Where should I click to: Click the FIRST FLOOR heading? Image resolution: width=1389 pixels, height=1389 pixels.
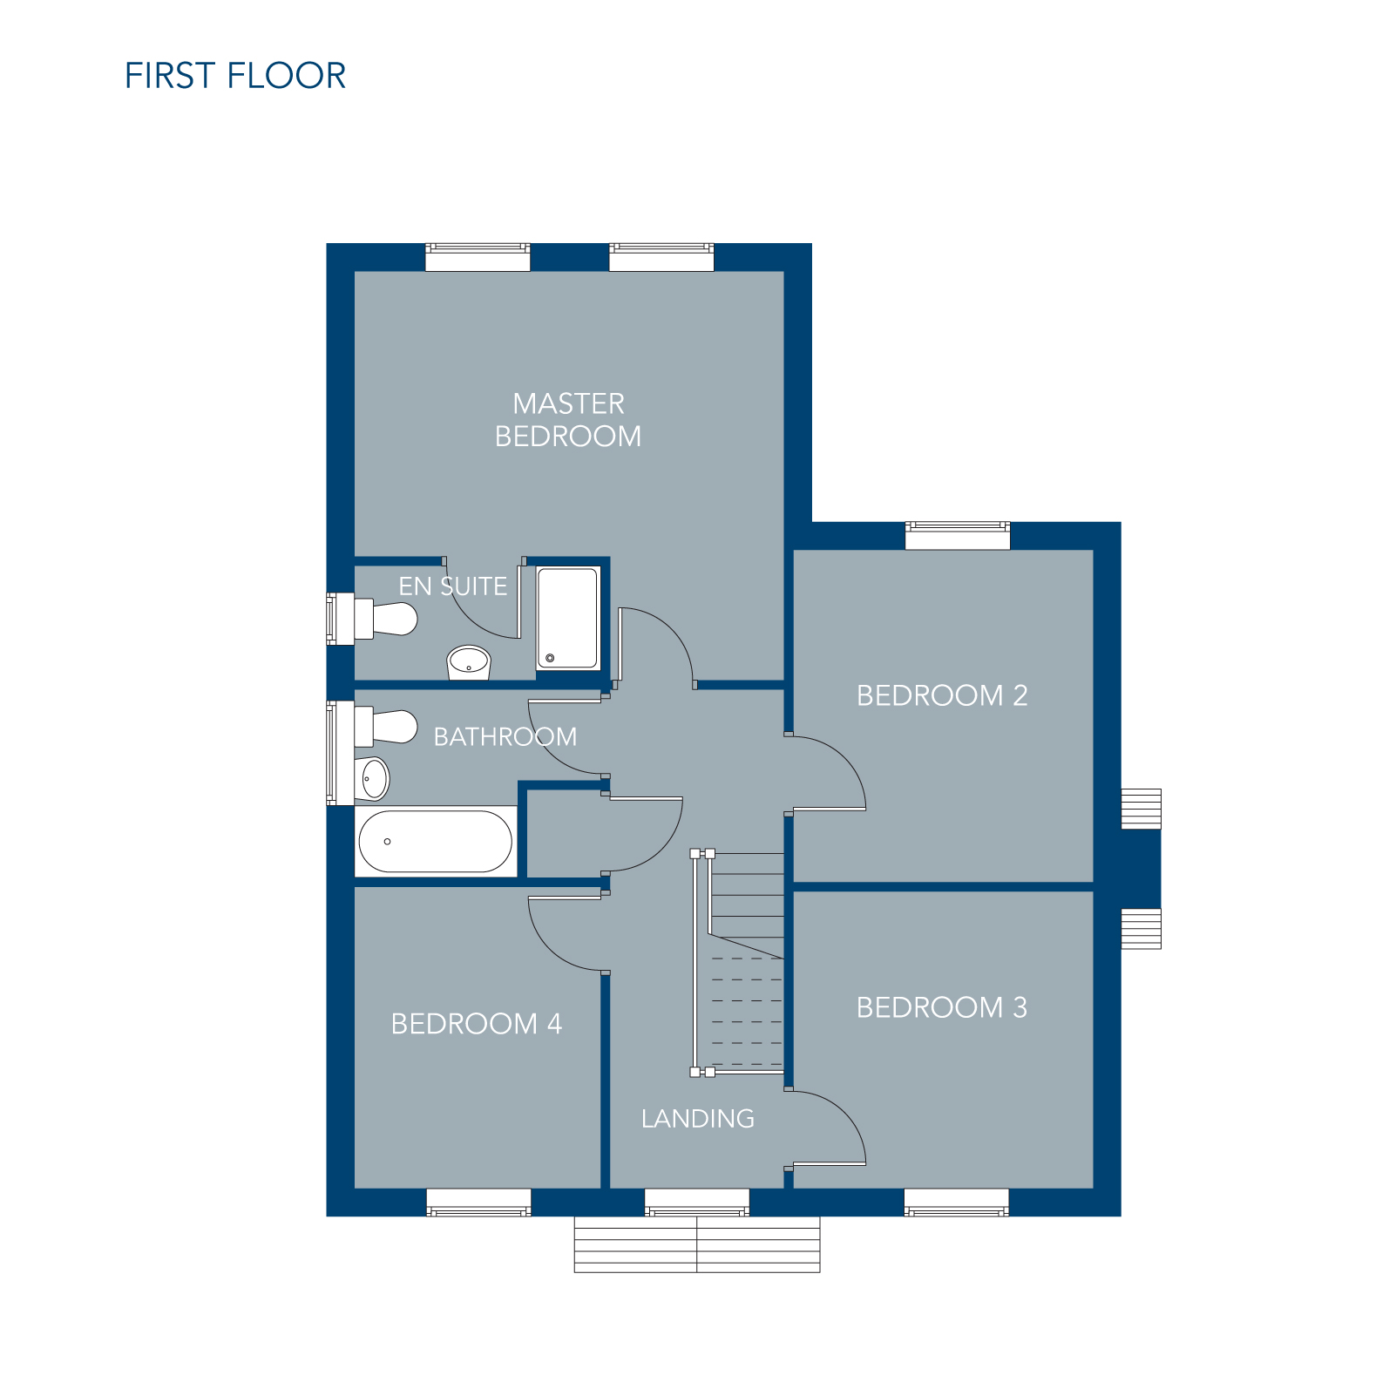point(235,76)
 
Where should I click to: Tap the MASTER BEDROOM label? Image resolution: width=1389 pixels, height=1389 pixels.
point(568,419)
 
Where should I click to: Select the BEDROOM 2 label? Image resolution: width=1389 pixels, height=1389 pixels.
point(942,695)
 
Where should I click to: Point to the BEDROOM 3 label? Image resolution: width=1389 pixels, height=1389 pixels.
point(942,1007)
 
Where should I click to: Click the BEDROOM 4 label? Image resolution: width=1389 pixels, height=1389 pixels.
point(477,1023)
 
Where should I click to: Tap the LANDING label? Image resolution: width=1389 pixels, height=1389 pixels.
point(698,1118)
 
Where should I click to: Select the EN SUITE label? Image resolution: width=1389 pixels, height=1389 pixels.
point(453,586)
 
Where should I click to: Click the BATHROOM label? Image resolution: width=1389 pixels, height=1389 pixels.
point(505,737)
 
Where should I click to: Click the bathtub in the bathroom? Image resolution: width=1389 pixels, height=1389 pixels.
point(436,842)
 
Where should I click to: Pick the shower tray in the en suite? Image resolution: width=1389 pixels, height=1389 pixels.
point(568,618)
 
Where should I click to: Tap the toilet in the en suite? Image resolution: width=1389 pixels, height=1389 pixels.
point(385,619)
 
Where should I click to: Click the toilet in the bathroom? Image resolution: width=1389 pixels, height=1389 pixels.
point(385,726)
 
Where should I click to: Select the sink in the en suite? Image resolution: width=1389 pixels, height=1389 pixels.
point(469,662)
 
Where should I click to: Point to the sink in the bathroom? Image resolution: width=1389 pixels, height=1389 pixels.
point(372,778)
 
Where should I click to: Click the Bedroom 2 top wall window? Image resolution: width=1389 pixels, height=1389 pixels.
point(958,535)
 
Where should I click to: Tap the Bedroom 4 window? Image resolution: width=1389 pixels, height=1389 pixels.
point(478,1202)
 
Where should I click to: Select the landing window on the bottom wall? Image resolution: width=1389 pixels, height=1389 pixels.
point(697,1202)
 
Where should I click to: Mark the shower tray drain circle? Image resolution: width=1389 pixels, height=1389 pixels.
point(550,658)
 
